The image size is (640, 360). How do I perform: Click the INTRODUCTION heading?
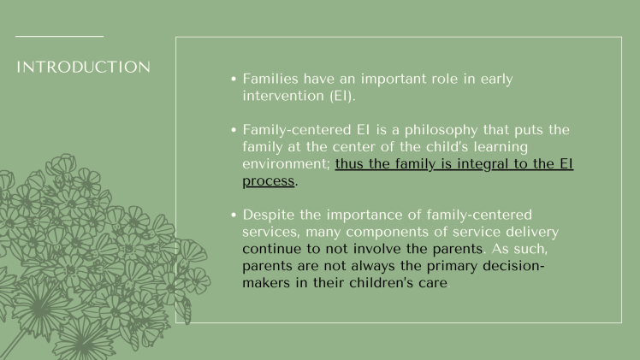(x=83, y=67)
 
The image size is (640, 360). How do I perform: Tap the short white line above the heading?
(x=59, y=37)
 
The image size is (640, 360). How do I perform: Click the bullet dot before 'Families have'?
(x=234, y=79)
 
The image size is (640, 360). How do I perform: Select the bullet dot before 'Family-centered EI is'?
(x=234, y=130)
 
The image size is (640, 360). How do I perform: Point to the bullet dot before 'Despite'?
(x=234, y=215)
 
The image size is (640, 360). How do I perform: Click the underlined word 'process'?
(x=268, y=181)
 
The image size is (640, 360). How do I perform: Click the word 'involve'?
(x=380, y=249)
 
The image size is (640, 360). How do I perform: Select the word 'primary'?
(x=447, y=266)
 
